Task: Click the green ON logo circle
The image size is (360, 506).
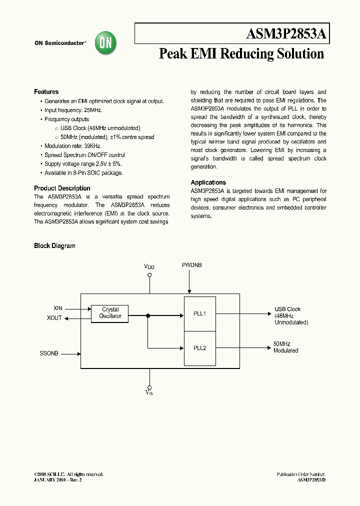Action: (x=106, y=43)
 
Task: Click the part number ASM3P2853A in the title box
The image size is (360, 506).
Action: (x=286, y=34)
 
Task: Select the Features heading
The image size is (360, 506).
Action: (x=46, y=92)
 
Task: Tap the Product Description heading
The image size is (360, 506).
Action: (x=62, y=188)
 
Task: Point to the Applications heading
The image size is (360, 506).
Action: (x=208, y=182)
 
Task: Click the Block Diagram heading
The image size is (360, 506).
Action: (x=54, y=246)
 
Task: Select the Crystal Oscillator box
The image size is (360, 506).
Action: (x=110, y=313)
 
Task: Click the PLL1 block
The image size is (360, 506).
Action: (x=200, y=314)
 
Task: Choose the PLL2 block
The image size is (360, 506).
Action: (x=200, y=348)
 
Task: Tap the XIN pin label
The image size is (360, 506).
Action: (x=58, y=309)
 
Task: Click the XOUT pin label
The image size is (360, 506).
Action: (x=54, y=318)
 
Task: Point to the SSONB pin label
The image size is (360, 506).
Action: (x=49, y=353)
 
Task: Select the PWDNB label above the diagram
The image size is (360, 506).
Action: (x=192, y=264)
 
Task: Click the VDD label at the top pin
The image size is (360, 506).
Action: (x=149, y=267)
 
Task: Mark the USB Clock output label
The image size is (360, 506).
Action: (x=287, y=309)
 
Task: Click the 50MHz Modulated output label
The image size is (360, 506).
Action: (x=285, y=347)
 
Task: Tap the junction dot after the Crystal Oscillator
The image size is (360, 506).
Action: (x=148, y=315)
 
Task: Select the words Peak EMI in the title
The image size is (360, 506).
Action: (x=187, y=53)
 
